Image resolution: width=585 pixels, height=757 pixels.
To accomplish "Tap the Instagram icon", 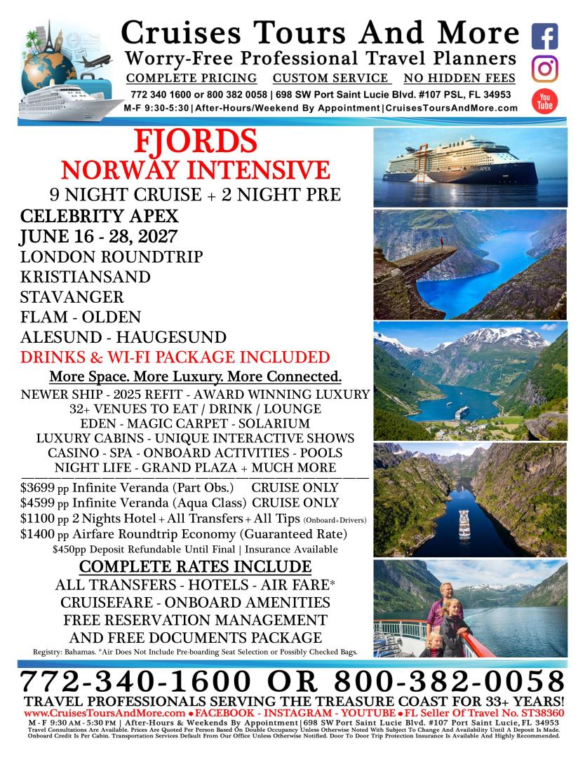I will [x=545, y=69].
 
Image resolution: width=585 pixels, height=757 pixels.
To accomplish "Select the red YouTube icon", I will [x=545, y=100].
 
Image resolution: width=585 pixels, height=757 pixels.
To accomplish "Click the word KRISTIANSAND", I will [x=86, y=277].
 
